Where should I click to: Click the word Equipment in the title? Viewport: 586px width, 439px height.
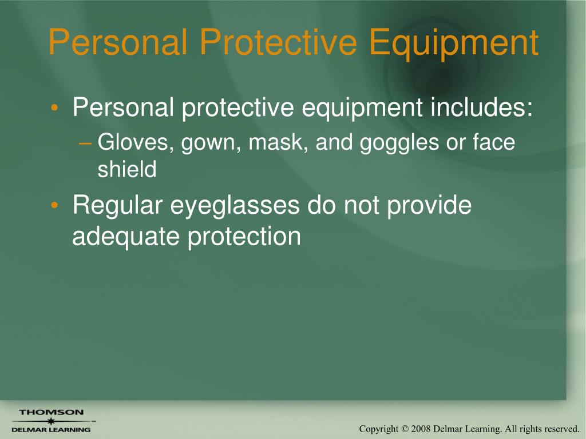pos(454,42)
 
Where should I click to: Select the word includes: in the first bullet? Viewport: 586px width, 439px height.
pos(482,107)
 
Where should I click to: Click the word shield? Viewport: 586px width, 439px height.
pos(127,169)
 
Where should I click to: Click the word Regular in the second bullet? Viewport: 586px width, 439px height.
pos(118,206)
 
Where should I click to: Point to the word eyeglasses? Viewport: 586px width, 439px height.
pos(235,206)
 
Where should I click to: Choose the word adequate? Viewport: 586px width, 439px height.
pos(126,237)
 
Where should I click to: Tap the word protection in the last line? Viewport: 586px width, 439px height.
pos(244,237)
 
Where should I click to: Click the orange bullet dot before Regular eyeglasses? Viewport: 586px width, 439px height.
pos(54,205)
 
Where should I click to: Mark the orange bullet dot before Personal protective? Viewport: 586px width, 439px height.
pos(54,108)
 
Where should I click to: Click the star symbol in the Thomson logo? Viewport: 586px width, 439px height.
pos(51,421)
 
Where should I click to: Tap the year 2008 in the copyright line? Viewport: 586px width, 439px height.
pos(421,429)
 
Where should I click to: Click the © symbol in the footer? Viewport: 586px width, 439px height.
pos(405,429)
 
